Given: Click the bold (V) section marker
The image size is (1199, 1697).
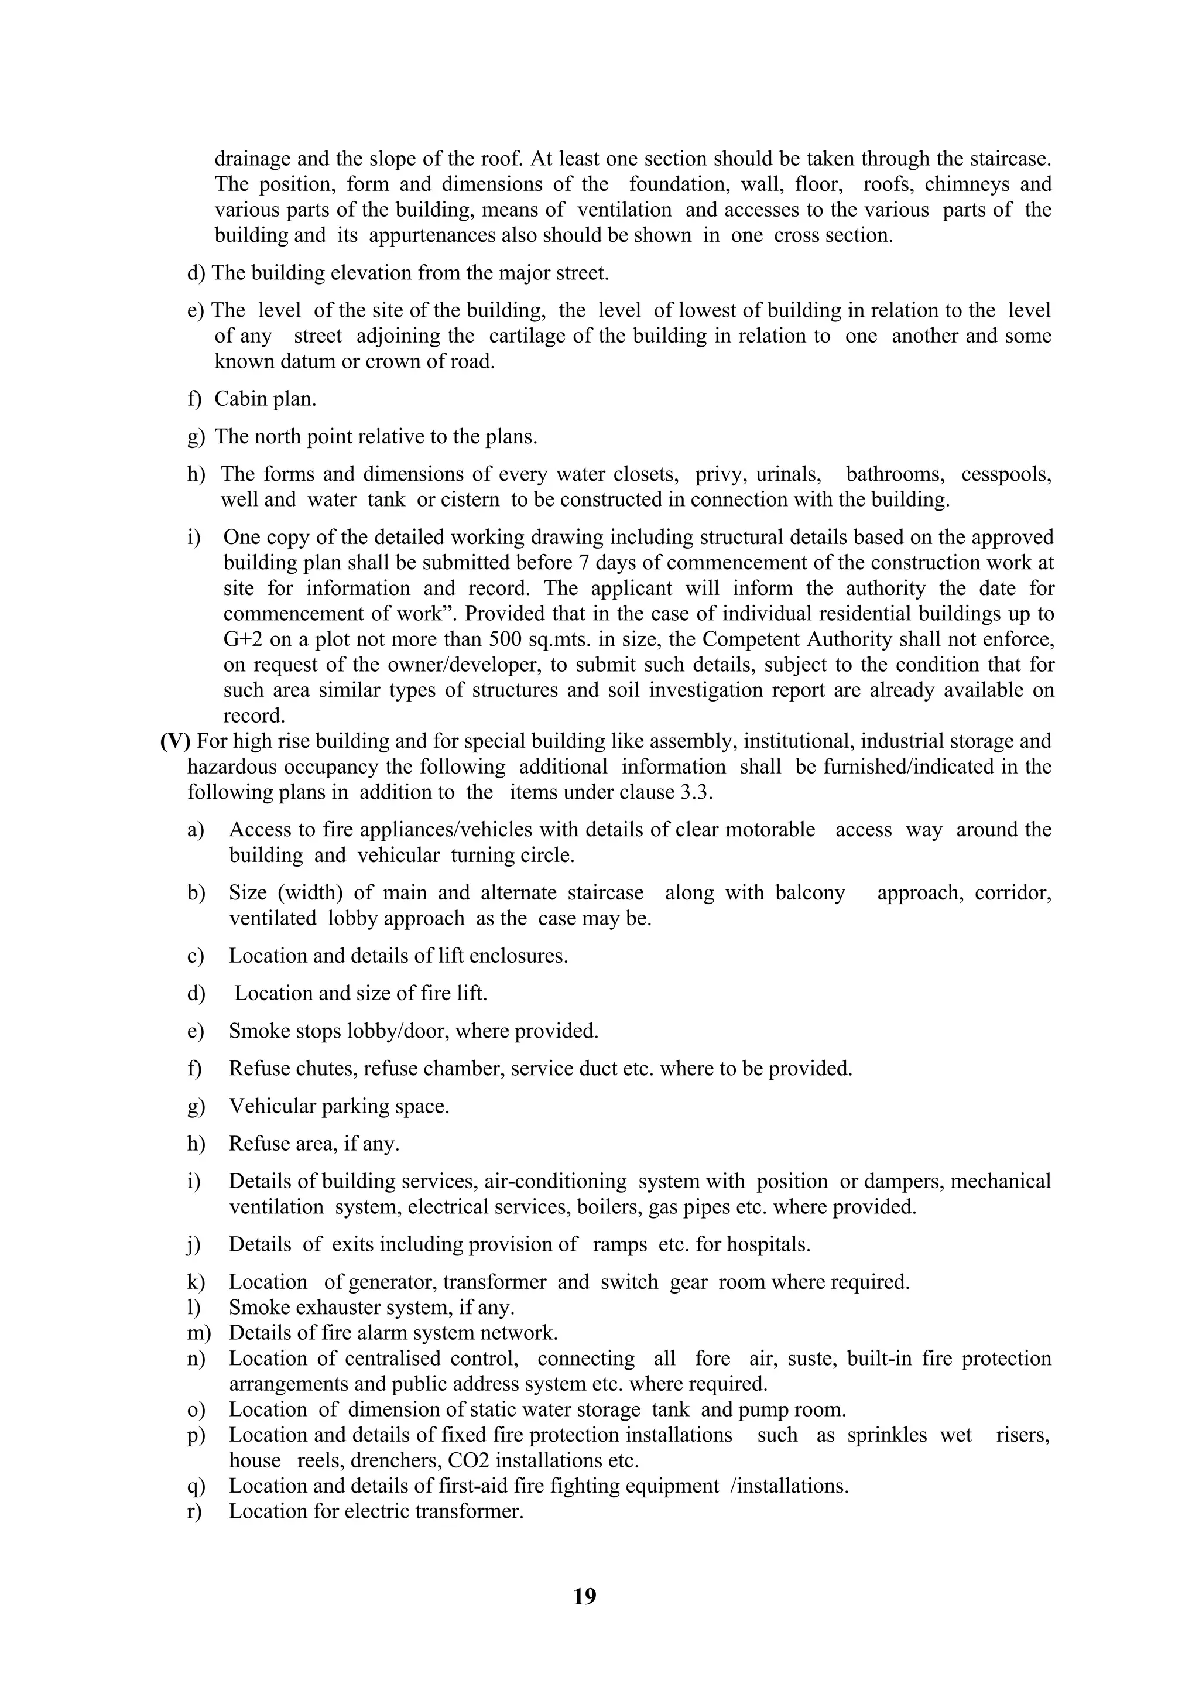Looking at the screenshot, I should click(x=175, y=741).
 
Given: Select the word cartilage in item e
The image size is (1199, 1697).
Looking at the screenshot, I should click(x=520, y=336).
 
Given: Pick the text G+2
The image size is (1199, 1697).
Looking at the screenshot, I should click(x=241, y=639).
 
